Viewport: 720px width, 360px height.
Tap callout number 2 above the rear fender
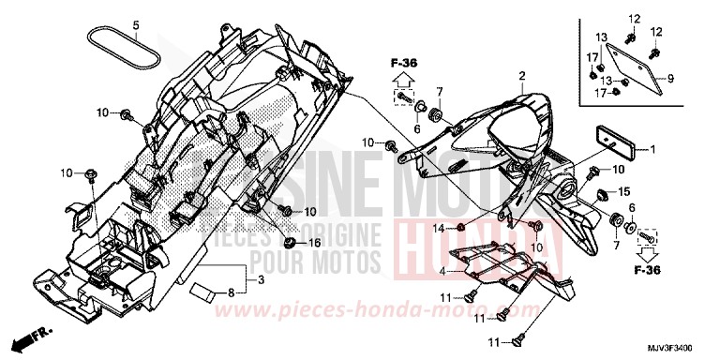coord(520,74)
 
